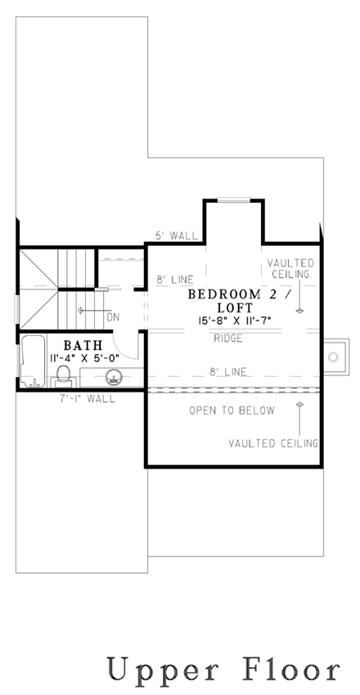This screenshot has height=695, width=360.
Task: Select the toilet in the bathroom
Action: point(63,375)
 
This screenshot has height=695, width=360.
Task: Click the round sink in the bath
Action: point(115,377)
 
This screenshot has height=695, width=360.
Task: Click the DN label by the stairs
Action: point(114,316)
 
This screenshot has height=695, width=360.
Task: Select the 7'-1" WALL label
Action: point(88,400)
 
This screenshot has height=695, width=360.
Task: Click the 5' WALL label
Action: point(177,235)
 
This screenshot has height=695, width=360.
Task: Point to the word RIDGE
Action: point(227,337)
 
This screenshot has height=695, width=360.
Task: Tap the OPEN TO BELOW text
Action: point(232,409)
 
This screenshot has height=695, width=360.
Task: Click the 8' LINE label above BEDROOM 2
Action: point(173,280)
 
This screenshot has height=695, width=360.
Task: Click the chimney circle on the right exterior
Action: point(334,356)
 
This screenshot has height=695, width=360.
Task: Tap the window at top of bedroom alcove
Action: point(233,199)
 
